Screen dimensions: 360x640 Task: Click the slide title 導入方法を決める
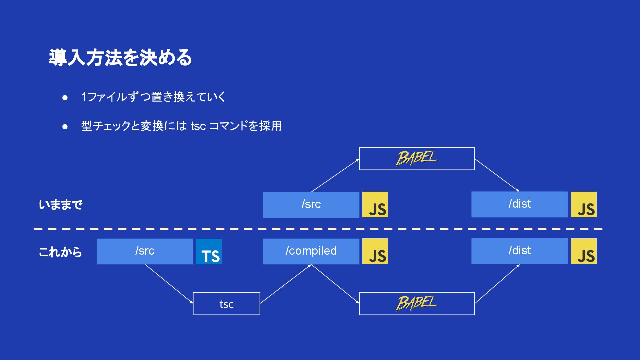tap(120, 57)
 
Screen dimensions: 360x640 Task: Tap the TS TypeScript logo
tap(209, 252)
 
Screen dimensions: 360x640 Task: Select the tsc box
tap(226, 304)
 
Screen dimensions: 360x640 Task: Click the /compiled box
tap(311, 251)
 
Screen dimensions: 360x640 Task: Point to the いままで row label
tap(60, 205)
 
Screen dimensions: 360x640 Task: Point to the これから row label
tap(60, 252)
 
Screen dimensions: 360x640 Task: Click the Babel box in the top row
tap(417, 159)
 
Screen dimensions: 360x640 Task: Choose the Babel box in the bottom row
tap(417, 304)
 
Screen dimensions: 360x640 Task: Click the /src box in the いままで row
tap(311, 205)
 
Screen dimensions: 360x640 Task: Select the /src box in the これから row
tap(145, 251)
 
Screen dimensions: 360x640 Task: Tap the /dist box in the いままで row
tap(519, 204)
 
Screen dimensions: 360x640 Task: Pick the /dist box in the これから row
tap(519, 251)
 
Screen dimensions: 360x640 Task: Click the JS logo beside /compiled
tap(375, 252)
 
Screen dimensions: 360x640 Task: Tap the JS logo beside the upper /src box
tap(375, 205)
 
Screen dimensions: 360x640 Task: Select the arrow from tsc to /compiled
tap(285, 284)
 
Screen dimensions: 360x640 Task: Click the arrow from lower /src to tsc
tap(169, 284)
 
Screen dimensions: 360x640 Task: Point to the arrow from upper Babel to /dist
tap(497, 175)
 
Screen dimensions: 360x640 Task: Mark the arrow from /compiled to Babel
tap(335, 284)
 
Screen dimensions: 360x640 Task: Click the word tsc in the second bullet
tap(198, 126)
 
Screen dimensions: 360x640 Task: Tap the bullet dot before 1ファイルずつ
tap(65, 98)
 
